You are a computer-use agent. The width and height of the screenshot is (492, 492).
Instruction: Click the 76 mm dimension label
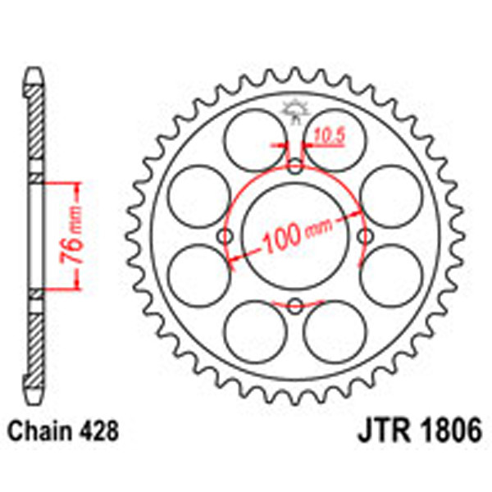coord(72,235)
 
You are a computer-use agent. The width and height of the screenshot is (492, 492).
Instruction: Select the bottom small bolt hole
coord(295,306)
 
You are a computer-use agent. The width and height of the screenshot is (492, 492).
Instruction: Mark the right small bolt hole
coord(364,237)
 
